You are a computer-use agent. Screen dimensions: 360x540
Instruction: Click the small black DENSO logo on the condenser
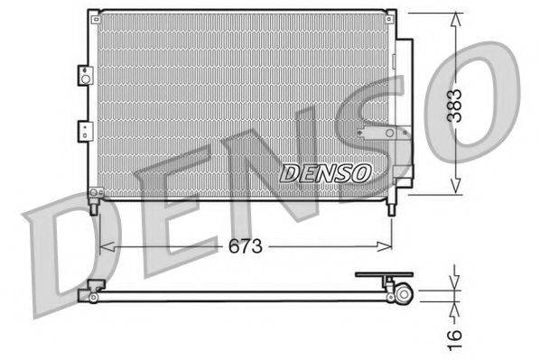325,172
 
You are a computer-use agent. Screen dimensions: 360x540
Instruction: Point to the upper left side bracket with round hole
85,77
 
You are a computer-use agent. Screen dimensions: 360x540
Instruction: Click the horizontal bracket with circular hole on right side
385,134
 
